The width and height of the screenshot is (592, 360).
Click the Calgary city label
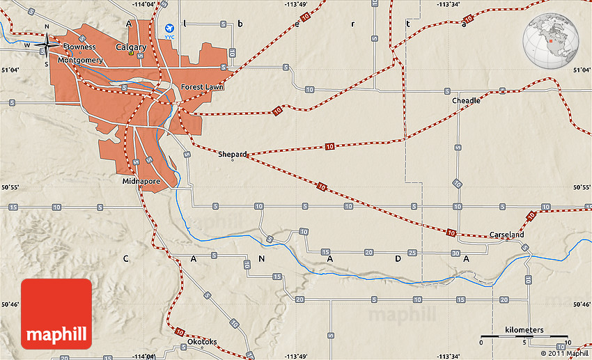click(131, 47)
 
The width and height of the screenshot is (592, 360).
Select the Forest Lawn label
click(201, 87)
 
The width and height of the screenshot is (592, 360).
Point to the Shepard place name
click(232, 154)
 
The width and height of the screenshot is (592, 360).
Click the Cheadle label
click(466, 100)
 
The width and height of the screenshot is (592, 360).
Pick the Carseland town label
click(506, 235)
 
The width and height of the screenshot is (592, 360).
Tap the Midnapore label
click(141, 181)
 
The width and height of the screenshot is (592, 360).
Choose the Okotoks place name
click(202, 342)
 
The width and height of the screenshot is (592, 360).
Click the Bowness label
click(78, 47)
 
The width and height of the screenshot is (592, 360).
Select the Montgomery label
click(80, 61)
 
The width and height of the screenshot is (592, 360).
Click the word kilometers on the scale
click(524, 329)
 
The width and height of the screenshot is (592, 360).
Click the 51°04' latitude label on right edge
click(582, 70)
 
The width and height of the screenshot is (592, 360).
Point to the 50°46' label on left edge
click(10, 304)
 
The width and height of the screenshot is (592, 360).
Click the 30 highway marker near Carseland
click(455, 252)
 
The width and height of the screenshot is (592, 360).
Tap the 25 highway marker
click(412, 252)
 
